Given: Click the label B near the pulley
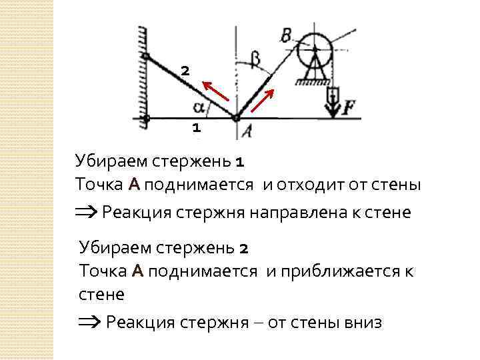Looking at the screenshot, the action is pos(286,35).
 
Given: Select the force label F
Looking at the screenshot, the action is pos(349,109).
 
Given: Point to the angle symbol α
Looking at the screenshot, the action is pos(198,106).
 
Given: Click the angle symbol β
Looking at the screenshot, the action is pos(256,59).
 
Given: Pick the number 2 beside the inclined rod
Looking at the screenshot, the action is pos(185,70).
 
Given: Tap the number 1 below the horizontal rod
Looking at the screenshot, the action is pos(196,127).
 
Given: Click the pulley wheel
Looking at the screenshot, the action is pos(315,48).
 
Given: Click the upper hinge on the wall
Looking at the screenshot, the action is pos(146,56).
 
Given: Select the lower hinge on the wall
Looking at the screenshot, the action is pos(147,119).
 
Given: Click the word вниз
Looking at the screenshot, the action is pos(363,323).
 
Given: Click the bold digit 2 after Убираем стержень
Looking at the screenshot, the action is pos(243,249).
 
